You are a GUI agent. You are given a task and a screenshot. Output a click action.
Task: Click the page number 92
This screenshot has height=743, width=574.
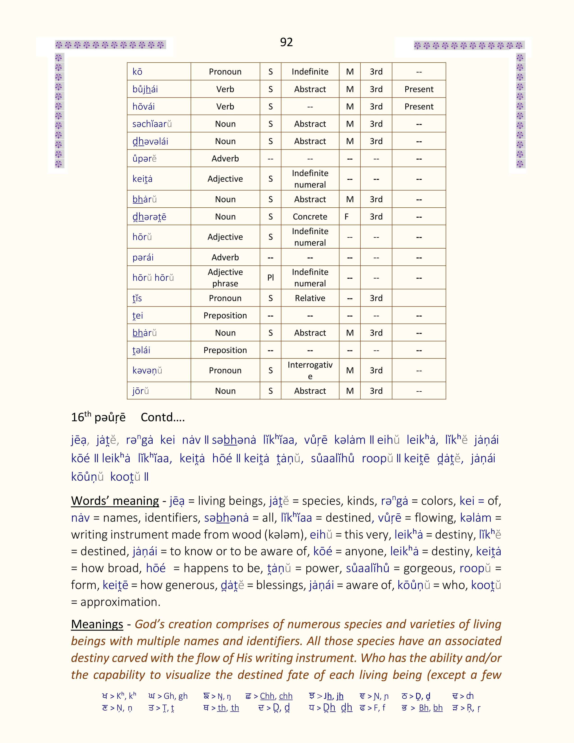coord(286,42)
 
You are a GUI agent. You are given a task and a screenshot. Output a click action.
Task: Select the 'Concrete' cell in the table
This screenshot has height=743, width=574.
coord(310,217)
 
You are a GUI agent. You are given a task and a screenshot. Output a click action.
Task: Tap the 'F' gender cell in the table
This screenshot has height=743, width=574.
coord(346,217)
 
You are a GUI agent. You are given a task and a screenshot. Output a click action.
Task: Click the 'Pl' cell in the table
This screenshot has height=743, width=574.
coord(270,278)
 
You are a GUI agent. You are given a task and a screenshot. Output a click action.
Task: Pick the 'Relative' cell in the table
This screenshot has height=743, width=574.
coord(310,298)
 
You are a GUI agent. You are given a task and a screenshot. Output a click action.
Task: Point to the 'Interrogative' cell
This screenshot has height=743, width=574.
coord(310,370)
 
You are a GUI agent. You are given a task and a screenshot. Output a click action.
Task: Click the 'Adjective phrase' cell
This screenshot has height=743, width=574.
coord(225,278)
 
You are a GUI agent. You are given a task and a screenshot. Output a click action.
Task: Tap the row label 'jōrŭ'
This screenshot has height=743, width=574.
coord(140,391)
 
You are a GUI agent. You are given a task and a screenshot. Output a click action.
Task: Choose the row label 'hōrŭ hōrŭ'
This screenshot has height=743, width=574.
coord(153,278)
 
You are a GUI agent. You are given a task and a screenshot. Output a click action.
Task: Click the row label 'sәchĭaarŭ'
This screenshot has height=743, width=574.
coord(152,124)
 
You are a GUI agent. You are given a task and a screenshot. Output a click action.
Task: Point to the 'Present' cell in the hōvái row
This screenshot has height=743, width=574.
coord(419,106)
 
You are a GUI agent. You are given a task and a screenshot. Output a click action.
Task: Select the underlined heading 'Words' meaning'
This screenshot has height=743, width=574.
coord(115,501)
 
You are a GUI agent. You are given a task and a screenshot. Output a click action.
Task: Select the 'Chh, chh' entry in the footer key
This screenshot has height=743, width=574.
coord(276,696)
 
